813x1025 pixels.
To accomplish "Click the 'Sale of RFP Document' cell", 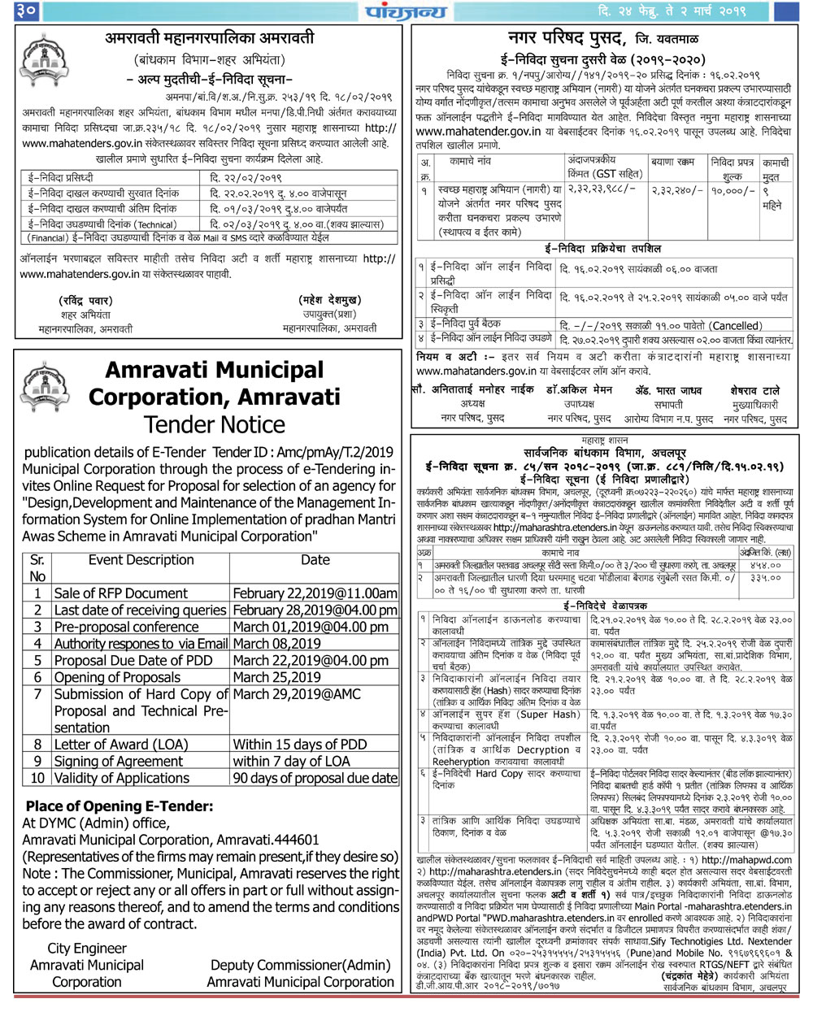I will coord(120,593).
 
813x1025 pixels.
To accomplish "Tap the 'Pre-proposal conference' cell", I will coord(126,627).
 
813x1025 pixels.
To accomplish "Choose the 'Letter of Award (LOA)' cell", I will coord(121,744).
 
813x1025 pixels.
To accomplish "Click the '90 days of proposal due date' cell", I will coord(315,778).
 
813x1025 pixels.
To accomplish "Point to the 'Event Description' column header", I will coord(141,560).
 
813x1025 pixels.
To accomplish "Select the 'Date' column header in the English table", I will coord(315,560).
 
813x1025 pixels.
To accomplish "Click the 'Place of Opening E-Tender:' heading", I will coord(120,806).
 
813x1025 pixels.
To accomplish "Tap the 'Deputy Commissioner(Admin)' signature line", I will coord(300,965).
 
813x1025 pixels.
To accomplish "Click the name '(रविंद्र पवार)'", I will coord(85,300).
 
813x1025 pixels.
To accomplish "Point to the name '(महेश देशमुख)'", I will coord(329,300).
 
